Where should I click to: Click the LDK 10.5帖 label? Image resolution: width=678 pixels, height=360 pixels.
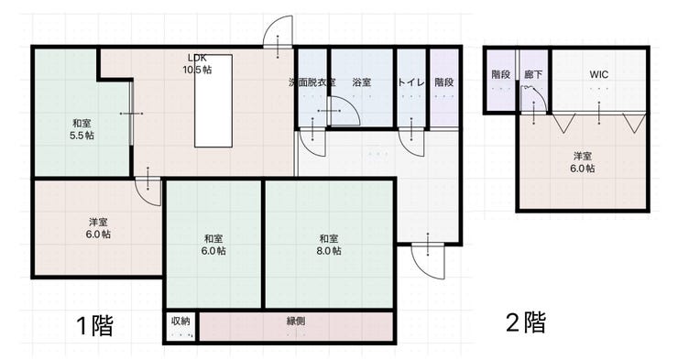point(197,63)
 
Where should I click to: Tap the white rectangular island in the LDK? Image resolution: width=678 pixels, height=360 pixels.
point(213,101)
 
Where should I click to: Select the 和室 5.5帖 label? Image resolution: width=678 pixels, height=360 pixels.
point(82,129)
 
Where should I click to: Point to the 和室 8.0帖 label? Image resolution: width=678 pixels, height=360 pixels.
point(329,245)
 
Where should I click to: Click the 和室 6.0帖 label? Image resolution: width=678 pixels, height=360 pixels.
point(213,245)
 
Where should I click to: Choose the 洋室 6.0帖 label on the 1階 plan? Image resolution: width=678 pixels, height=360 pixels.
point(98,228)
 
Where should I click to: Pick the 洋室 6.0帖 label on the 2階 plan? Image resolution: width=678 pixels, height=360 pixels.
point(583,162)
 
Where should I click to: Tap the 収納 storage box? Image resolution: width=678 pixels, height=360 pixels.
point(180,326)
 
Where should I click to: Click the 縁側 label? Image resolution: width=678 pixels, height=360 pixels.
point(296,322)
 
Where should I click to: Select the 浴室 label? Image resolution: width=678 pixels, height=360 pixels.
point(362,82)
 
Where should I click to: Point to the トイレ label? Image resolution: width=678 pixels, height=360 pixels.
point(411,82)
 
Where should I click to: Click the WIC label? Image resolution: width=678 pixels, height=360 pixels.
point(599,74)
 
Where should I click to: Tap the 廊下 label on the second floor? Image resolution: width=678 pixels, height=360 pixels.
point(533,74)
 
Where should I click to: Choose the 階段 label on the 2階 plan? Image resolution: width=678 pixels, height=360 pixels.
point(501,74)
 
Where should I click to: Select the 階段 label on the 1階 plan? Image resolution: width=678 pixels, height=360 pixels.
point(444,82)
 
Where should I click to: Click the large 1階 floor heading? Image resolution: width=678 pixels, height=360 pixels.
point(95,325)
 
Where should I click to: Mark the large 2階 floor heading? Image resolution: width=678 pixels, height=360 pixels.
point(526,322)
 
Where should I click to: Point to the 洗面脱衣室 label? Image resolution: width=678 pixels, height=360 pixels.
point(312,82)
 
